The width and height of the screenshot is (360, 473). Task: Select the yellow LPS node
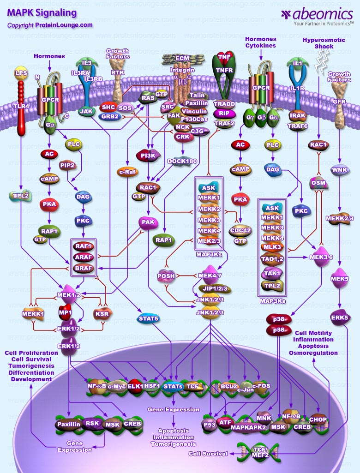click(x=21, y=73)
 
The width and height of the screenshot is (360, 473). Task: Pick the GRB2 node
click(x=109, y=117)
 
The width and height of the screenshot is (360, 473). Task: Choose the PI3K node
click(x=148, y=156)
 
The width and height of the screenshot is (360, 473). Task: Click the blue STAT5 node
click(x=149, y=318)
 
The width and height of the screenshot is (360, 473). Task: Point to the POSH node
click(x=166, y=275)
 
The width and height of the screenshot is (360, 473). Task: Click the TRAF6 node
click(x=298, y=125)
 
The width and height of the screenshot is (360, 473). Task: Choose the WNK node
click(x=339, y=168)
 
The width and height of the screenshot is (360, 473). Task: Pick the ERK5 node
click(x=339, y=317)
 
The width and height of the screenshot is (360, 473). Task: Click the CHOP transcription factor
click(x=318, y=419)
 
